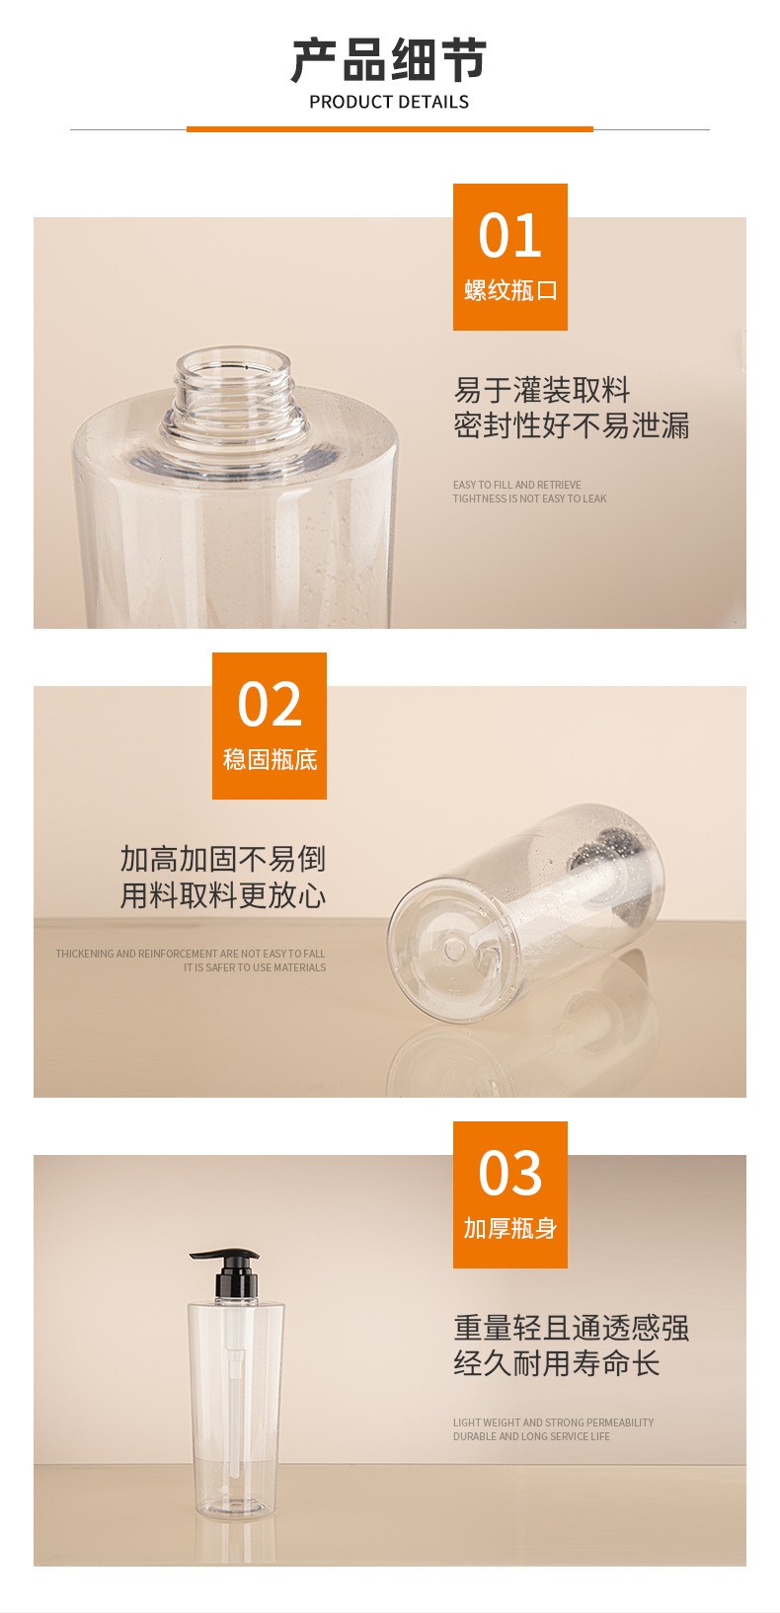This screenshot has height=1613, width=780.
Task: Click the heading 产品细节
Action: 389,60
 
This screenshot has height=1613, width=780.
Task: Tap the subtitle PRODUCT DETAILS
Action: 389,103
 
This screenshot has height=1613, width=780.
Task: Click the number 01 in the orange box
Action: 509,236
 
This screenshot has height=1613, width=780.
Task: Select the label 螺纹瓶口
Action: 509,290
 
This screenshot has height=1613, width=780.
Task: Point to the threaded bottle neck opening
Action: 235,393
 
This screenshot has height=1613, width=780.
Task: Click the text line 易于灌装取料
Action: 542,390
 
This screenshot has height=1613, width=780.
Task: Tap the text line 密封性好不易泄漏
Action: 571,425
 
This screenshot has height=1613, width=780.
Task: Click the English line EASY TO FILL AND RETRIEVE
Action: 517,485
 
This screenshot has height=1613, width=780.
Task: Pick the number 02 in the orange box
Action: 270,704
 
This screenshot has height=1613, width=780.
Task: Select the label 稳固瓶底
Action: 270,759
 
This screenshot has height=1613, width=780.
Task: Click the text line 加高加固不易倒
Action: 222,859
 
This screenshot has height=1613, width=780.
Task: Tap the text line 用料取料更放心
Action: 222,895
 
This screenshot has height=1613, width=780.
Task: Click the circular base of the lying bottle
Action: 455,949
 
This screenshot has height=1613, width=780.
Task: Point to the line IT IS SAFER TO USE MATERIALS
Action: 255,967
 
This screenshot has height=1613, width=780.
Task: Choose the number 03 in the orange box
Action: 509,1173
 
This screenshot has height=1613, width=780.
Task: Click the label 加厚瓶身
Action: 509,1228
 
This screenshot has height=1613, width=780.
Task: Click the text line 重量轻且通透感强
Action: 571,1328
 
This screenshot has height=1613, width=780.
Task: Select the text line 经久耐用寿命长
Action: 556,1363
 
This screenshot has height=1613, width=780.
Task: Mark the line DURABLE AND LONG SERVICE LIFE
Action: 531,1436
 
